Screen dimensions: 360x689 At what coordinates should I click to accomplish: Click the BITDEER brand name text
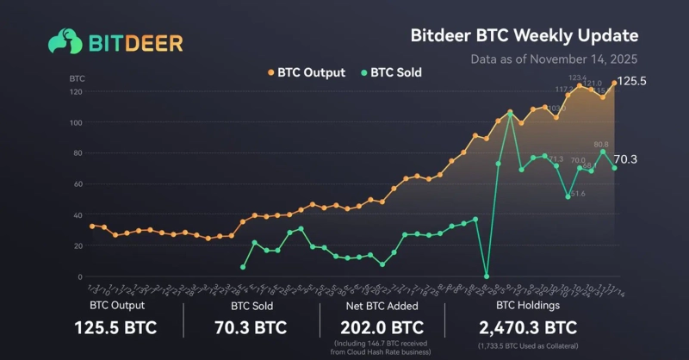click(x=133, y=42)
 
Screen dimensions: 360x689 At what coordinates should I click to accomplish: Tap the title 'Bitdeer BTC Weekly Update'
click(x=523, y=36)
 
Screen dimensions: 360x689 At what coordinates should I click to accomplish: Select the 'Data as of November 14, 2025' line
click(x=555, y=60)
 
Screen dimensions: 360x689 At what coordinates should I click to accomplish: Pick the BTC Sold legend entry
click(x=391, y=72)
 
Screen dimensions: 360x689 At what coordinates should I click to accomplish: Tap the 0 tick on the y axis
click(x=80, y=276)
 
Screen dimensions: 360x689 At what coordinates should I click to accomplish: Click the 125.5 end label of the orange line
click(x=634, y=81)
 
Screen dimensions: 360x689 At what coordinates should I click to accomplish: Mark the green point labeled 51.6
click(x=568, y=196)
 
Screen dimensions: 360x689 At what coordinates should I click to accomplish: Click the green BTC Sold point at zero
click(x=487, y=276)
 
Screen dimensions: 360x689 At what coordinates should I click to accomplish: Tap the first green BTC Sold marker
click(x=243, y=267)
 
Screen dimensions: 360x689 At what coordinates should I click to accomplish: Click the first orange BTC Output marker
click(x=92, y=226)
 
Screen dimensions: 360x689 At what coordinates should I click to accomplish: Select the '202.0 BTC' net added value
click(x=382, y=327)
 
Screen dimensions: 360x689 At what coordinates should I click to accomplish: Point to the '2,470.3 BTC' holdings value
click(x=528, y=327)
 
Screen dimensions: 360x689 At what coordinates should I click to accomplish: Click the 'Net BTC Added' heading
click(x=382, y=305)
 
